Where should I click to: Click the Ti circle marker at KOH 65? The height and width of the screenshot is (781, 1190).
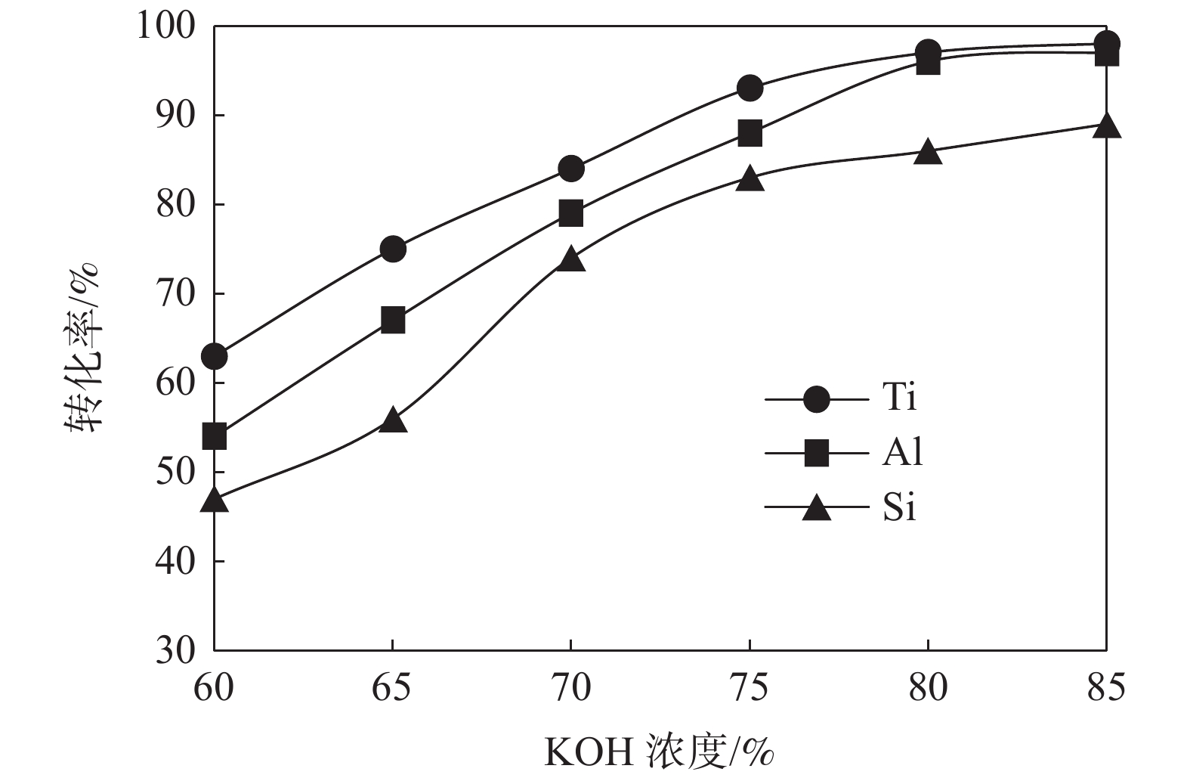coord(393,249)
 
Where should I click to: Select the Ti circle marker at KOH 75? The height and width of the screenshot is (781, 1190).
coord(750,88)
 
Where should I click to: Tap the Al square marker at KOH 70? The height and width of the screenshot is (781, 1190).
coord(571,213)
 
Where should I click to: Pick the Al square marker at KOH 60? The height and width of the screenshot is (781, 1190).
coord(215,436)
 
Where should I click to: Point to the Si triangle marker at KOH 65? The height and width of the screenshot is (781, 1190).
coord(393,420)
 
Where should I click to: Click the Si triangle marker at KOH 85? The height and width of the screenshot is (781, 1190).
coord(1107,126)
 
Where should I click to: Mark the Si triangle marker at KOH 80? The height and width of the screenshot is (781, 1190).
coord(928,152)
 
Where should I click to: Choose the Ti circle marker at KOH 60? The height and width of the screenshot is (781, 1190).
coord(215,356)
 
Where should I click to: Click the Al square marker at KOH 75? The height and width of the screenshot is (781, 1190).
coord(750,133)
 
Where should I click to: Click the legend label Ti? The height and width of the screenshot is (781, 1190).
coord(899,396)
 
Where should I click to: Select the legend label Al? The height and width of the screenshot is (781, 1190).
coord(902,452)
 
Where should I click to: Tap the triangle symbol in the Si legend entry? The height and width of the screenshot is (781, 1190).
coord(816,509)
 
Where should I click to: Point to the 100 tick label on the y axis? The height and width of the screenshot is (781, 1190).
coord(165,26)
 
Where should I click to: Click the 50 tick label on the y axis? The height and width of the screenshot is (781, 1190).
coord(175,472)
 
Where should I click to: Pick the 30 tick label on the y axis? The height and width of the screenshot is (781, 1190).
coord(175,650)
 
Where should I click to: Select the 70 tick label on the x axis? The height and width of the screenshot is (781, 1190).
coord(571,689)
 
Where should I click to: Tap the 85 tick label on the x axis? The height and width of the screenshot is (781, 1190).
coord(1106,689)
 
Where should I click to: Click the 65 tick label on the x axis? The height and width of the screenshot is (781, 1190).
coord(393,689)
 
